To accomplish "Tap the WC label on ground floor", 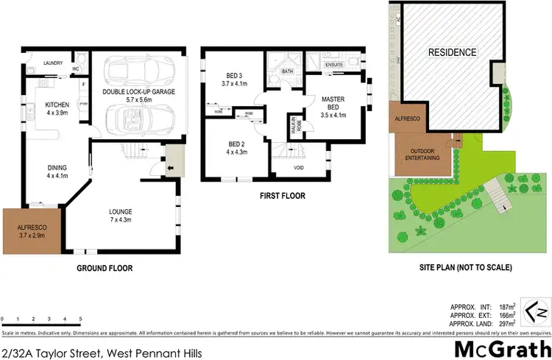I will click(75, 69).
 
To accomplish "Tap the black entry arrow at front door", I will click(171, 168).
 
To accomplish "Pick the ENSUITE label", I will click(335, 66).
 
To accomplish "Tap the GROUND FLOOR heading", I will click(105, 268).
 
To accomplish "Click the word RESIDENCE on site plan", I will click(453, 52).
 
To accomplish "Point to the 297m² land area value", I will click(506, 321).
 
